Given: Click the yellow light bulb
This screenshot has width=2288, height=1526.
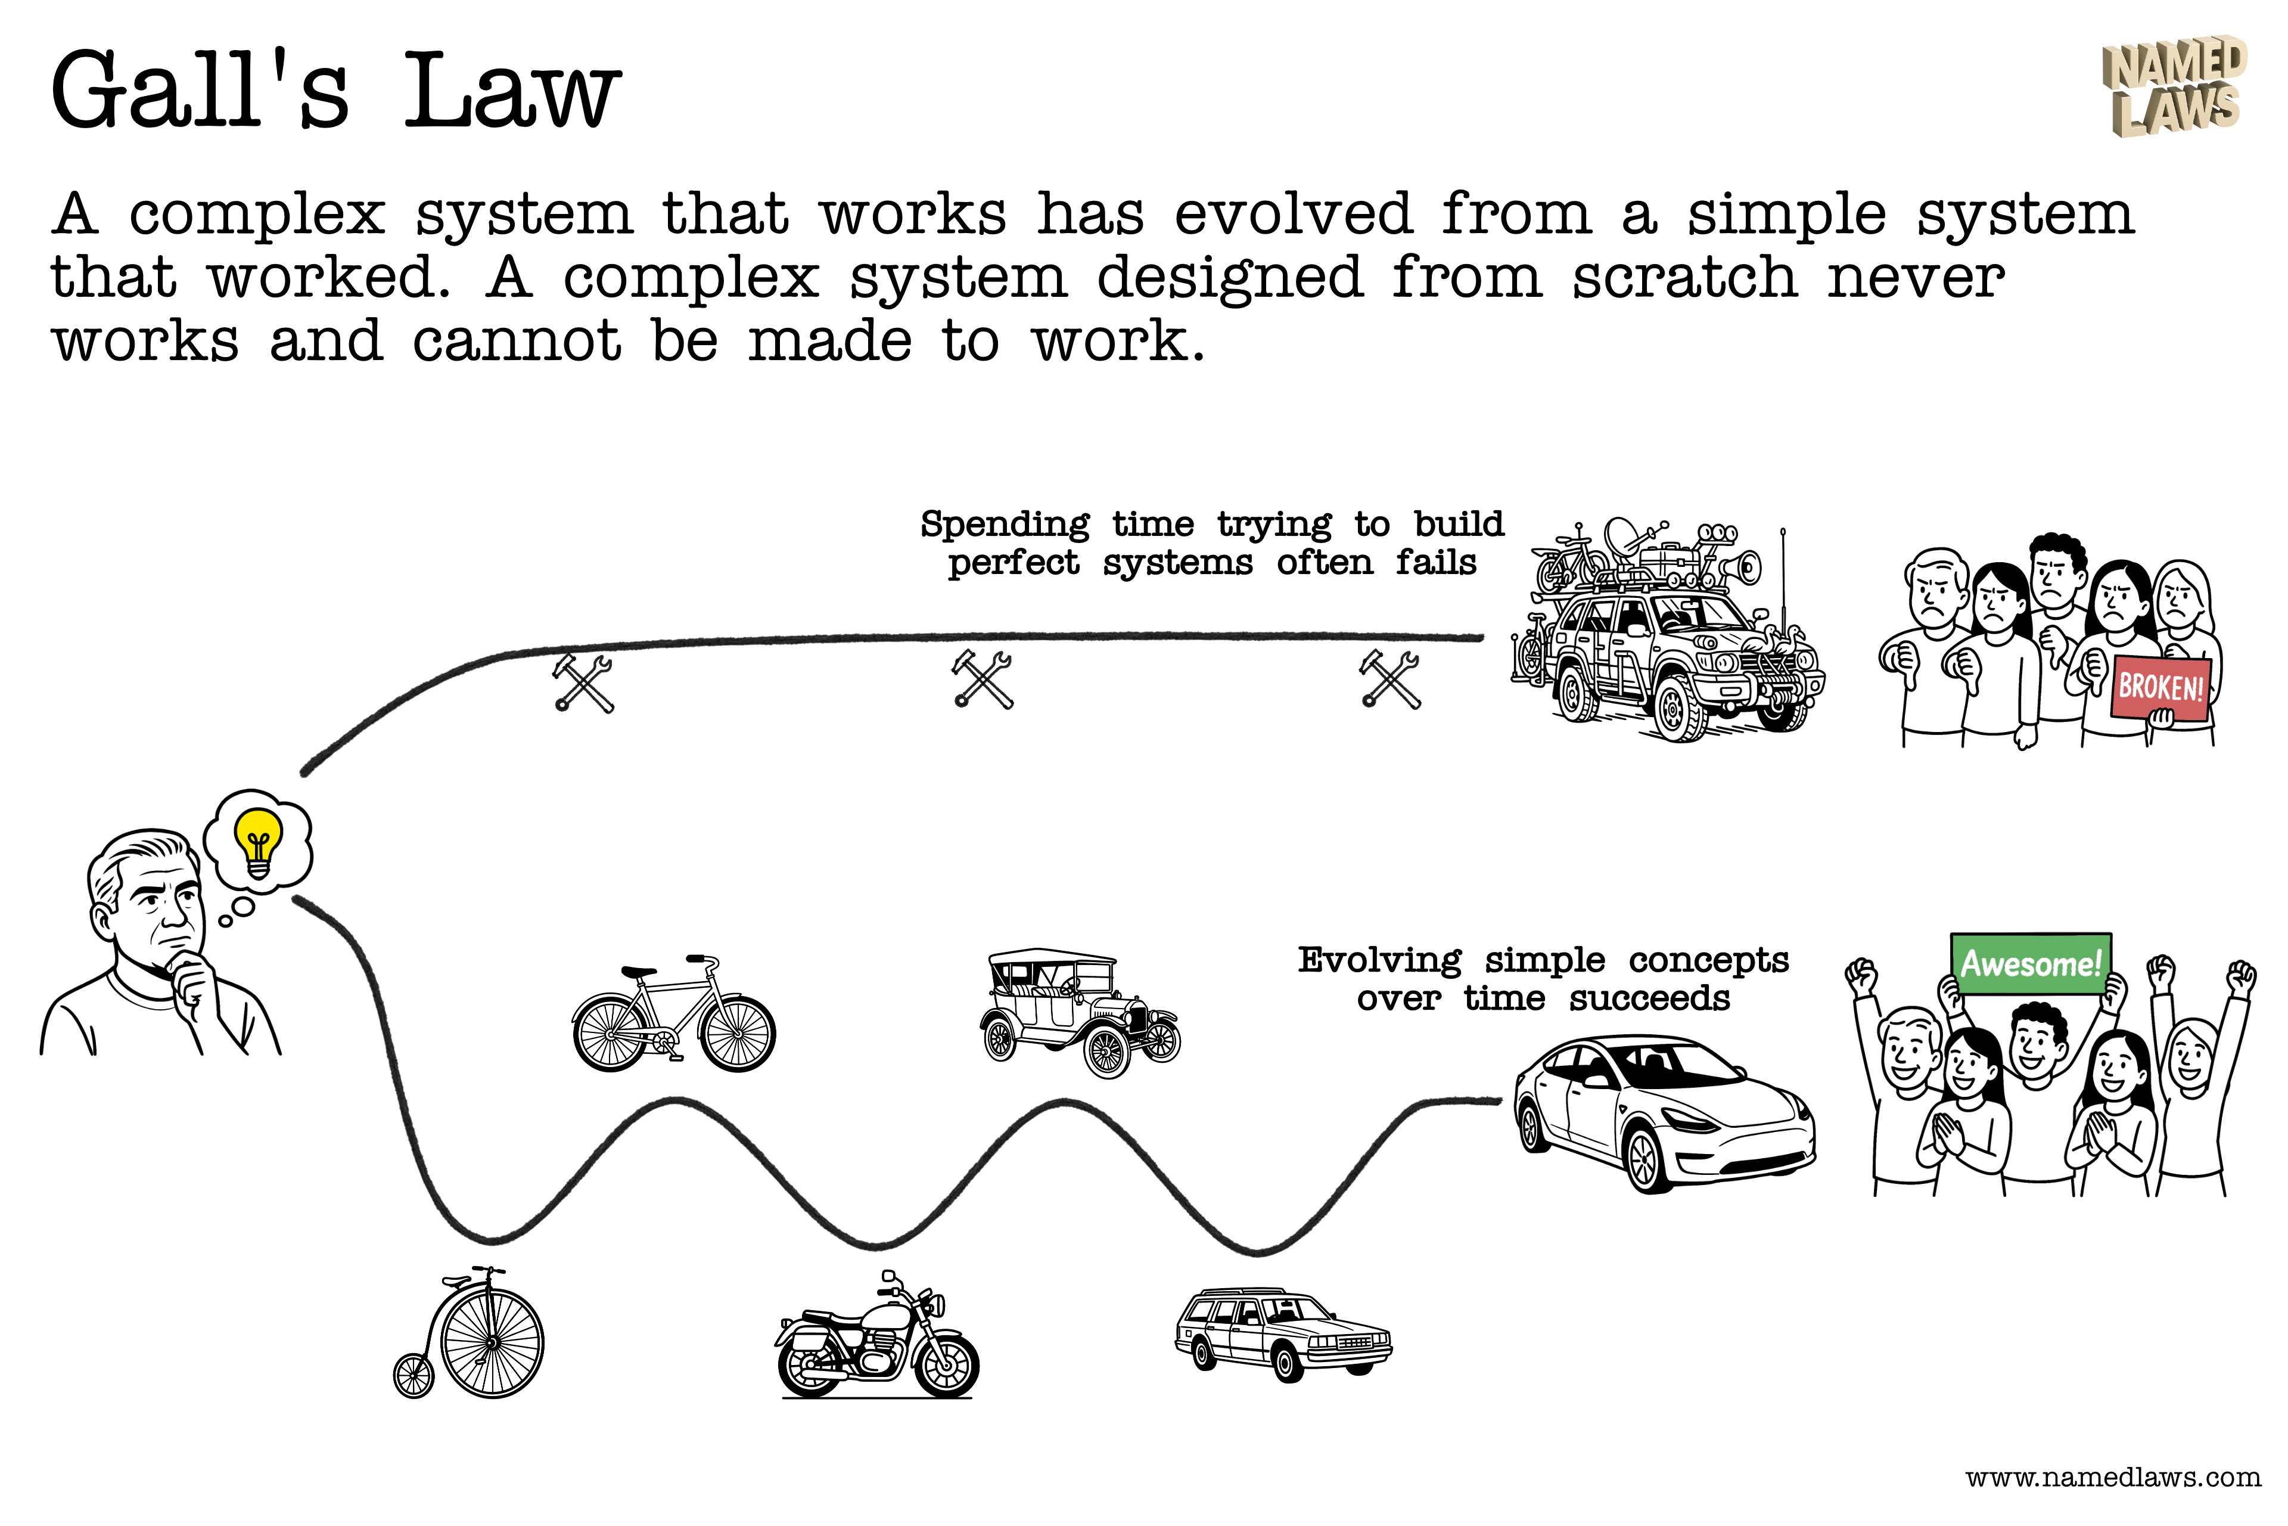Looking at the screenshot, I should [258, 839].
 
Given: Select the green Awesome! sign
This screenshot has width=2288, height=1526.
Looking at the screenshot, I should [2030, 963].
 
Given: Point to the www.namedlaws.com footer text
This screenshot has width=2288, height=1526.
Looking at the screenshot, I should [2113, 1477].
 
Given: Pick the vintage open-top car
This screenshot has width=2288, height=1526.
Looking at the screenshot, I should [1078, 1012].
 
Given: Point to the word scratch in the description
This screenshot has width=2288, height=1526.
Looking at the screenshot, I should [1685, 277].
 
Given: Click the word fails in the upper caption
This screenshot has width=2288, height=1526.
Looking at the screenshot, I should [1436, 563].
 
